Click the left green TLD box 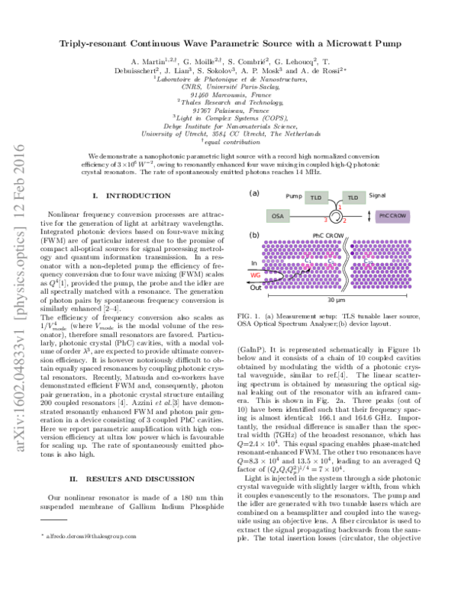point(316,198)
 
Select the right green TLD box point(353,198)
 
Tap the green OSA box point(278,216)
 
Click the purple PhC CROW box point(392,216)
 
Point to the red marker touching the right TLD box point(340,207)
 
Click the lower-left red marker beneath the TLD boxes point(325,220)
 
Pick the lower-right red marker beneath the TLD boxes point(345,220)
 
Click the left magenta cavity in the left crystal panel point(308,261)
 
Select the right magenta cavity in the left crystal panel point(330,261)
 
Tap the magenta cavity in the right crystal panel point(368,261)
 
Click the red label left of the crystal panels point(255,275)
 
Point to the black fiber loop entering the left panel point(273,276)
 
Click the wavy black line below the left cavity point(300,274)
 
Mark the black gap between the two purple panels point(346,264)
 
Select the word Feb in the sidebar point(19,188)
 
